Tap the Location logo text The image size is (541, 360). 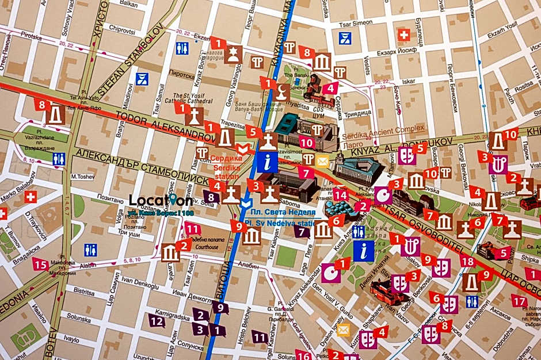click(161, 200)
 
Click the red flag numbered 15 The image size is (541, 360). click(40, 265)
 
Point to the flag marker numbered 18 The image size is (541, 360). click(467, 262)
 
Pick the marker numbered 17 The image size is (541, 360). click(519, 301)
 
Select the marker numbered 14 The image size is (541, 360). click(341, 196)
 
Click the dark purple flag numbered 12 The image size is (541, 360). click(157, 320)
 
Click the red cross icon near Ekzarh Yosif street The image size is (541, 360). click(405, 35)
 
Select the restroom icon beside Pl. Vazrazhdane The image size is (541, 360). click(59, 159)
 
